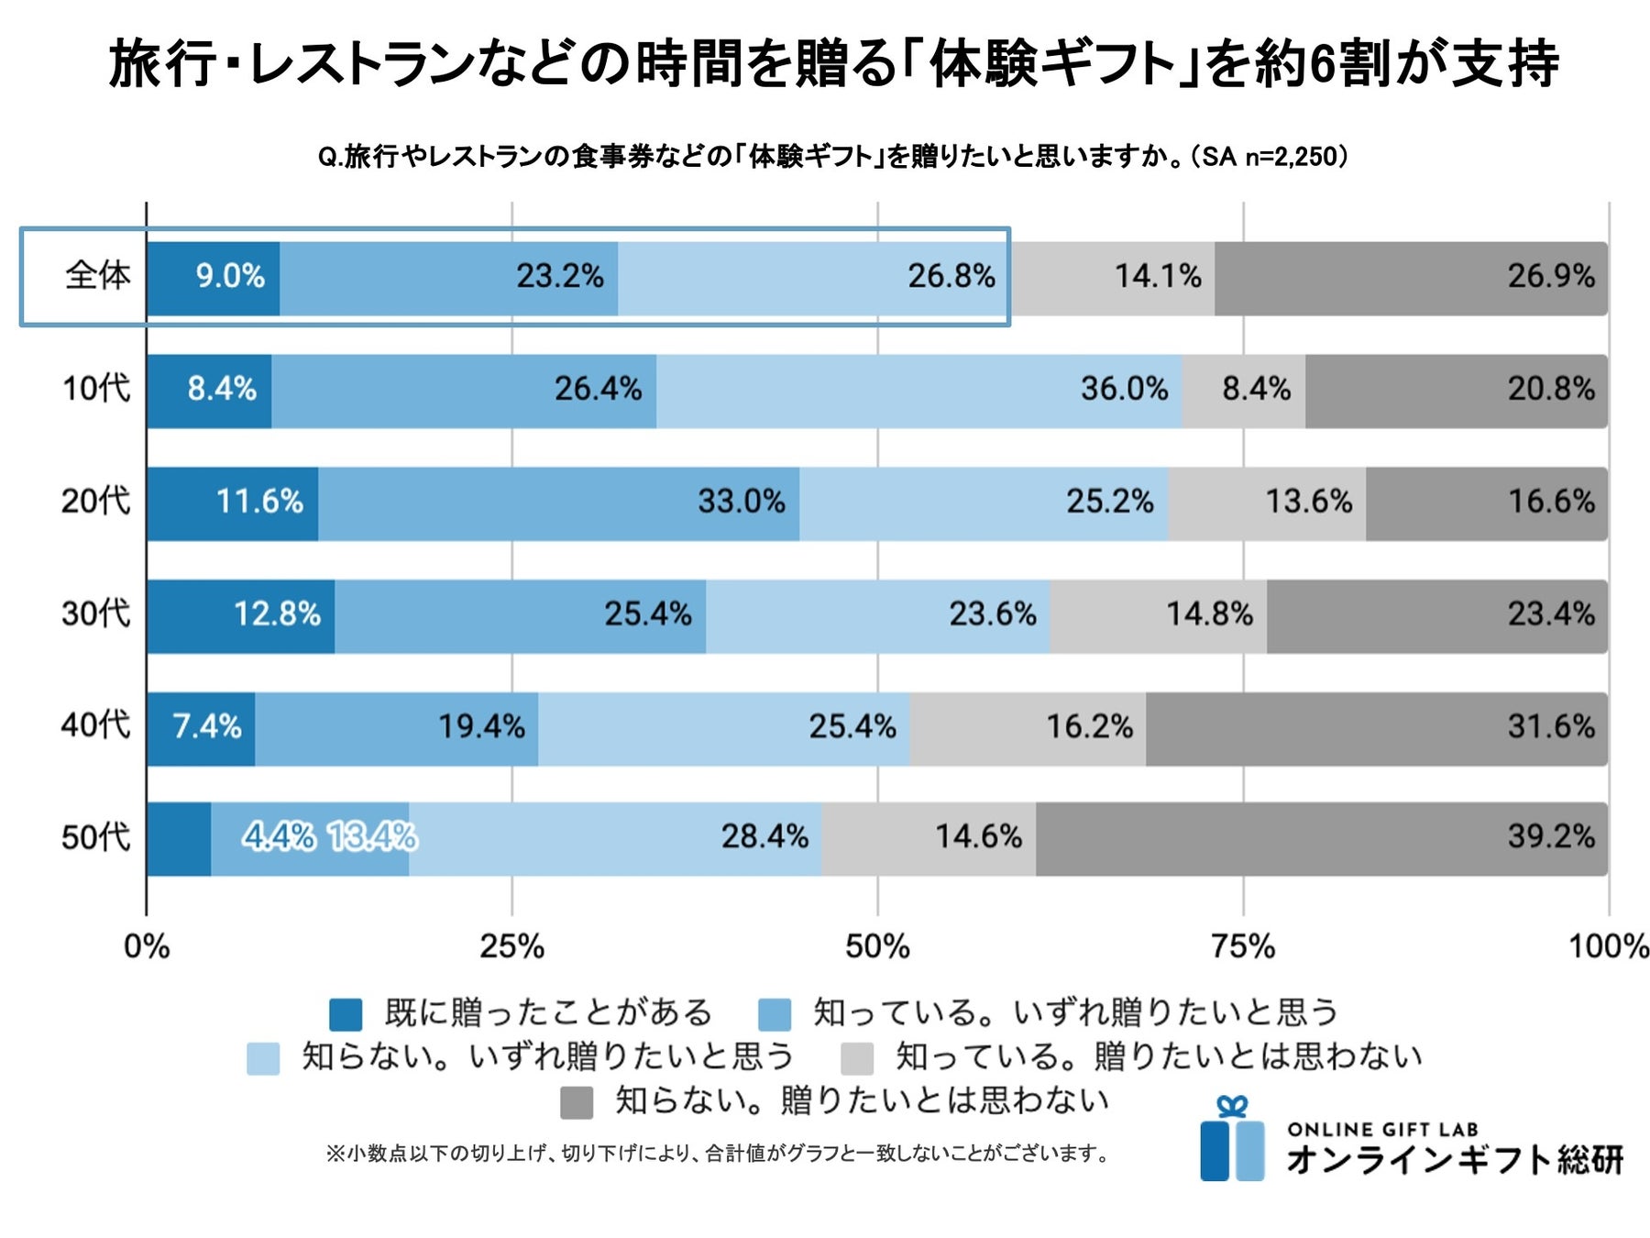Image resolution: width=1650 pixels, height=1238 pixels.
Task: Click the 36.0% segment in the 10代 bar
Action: (918, 391)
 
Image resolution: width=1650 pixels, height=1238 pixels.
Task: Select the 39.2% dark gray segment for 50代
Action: (1321, 838)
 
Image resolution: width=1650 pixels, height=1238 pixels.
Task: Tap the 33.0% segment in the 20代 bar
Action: (558, 503)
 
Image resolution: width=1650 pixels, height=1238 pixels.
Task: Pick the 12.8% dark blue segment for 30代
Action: (240, 615)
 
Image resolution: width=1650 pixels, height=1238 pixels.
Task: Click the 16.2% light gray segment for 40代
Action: (1028, 728)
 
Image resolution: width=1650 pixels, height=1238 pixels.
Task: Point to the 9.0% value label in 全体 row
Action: (230, 276)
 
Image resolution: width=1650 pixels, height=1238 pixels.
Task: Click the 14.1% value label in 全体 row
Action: (1158, 276)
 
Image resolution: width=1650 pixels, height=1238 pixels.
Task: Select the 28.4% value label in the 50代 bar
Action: (764, 836)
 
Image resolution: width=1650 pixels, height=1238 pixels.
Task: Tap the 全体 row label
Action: (97, 275)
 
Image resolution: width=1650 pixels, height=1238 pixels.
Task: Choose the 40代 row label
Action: (95, 725)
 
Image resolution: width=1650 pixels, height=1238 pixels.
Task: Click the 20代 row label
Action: (95, 502)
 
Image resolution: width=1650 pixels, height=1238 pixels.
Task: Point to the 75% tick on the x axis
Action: (1243, 946)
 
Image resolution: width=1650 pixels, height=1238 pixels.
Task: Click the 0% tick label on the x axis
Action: (147, 946)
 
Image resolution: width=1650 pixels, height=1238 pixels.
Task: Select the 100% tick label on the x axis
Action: (1608, 946)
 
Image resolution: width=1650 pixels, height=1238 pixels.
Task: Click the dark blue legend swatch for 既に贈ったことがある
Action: (346, 1014)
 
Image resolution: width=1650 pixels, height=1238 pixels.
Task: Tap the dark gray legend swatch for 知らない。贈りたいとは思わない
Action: (577, 1102)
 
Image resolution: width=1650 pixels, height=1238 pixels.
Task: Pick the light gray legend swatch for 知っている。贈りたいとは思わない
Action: (857, 1058)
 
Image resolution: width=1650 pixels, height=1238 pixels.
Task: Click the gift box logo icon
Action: (1232, 1140)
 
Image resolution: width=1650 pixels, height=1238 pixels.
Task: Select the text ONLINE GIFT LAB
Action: (1382, 1129)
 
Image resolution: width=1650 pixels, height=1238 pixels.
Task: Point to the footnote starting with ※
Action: (718, 1154)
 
